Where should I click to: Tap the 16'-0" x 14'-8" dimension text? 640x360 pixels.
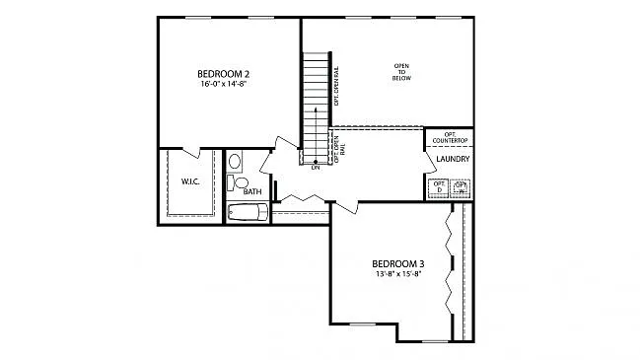(223, 85)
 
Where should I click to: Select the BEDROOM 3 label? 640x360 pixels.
(398, 263)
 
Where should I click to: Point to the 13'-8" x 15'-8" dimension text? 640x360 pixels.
(398, 274)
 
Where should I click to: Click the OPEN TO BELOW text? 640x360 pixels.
(401, 72)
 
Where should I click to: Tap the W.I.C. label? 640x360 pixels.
(190, 181)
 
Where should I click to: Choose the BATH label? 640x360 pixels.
(252, 191)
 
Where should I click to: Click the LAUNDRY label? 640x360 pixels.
(452, 159)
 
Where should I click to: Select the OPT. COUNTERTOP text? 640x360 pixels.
(449, 138)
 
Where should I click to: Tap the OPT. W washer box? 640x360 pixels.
(461, 186)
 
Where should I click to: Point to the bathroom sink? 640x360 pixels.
(235, 161)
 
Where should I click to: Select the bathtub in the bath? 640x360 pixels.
(248, 212)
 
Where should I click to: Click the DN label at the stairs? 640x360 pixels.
(316, 168)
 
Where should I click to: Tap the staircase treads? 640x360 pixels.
(316, 104)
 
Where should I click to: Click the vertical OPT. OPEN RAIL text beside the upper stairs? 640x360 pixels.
(337, 86)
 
